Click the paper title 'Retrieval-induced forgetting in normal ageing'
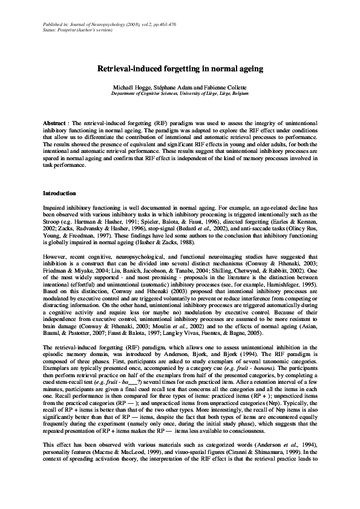(180, 69)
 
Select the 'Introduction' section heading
(59, 193)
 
